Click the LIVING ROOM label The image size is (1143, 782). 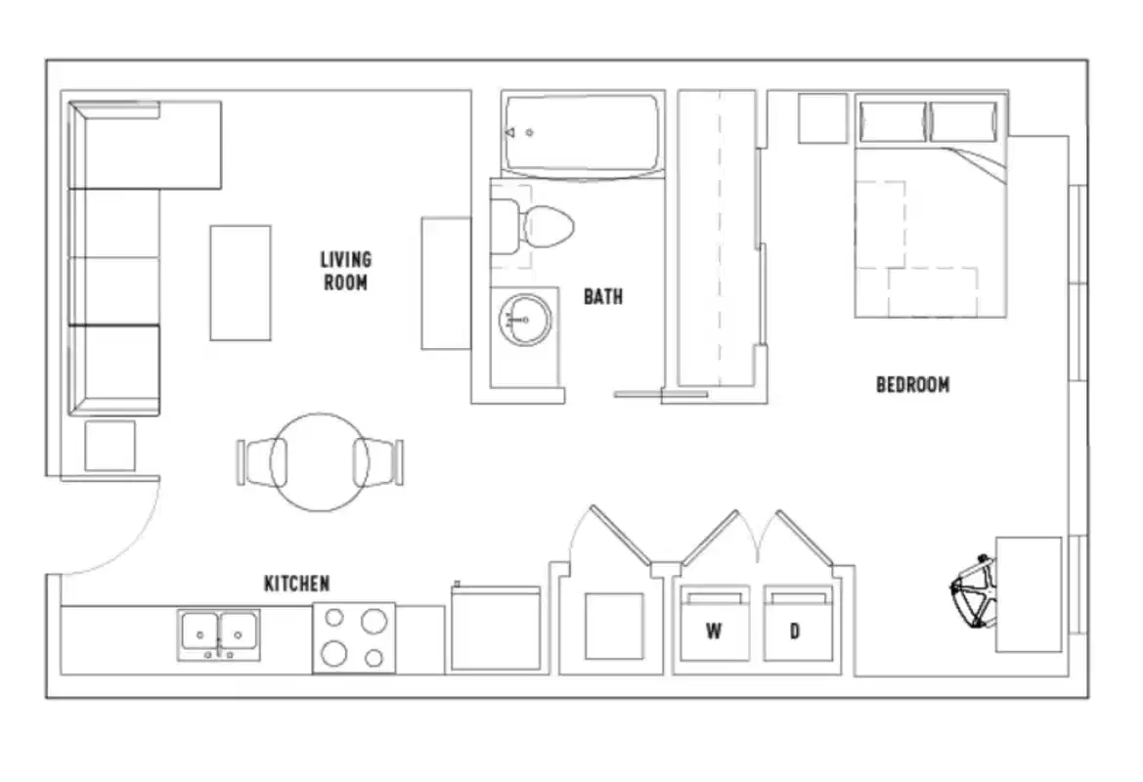[345, 271]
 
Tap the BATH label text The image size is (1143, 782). [603, 296]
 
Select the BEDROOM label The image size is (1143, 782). [912, 385]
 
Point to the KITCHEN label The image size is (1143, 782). [296, 584]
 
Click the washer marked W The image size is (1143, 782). [714, 626]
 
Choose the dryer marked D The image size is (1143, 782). [796, 626]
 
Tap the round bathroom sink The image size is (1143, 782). [525, 320]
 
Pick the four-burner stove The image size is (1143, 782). [354, 637]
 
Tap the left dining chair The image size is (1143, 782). [261, 461]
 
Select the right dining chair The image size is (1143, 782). [378, 461]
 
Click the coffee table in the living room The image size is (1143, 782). [241, 282]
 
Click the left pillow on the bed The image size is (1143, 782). [891, 121]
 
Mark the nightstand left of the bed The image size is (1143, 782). [822, 118]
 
